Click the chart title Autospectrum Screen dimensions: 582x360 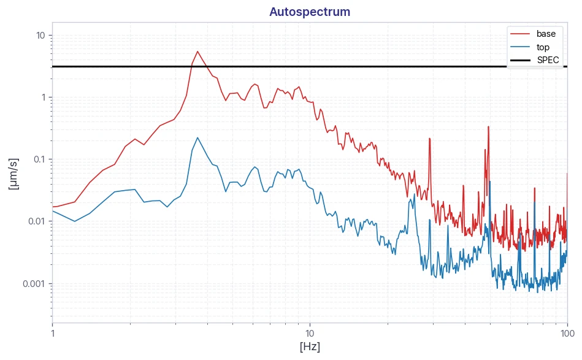tap(310, 12)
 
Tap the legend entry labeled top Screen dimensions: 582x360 tap(530, 47)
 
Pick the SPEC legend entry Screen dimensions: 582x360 tap(535, 60)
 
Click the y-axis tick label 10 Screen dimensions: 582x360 tap(40, 36)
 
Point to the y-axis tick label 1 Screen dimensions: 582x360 tap(44, 98)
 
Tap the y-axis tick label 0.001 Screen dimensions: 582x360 tap(34, 284)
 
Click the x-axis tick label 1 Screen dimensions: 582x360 tap(53, 333)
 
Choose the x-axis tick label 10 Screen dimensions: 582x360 tap(310, 333)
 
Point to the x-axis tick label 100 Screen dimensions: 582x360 tap(567, 333)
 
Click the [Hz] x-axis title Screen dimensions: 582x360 tap(310, 347)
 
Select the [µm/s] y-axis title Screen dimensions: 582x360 tap(13, 174)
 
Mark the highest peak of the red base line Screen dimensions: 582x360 tap(197, 52)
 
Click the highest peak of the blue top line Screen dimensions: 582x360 tap(197, 138)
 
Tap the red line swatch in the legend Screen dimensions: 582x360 tap(520, 34)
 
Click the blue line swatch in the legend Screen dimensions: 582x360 tap(520, 47)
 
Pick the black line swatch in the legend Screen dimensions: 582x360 tap(520, 60)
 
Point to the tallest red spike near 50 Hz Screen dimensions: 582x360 tap(488, 126)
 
